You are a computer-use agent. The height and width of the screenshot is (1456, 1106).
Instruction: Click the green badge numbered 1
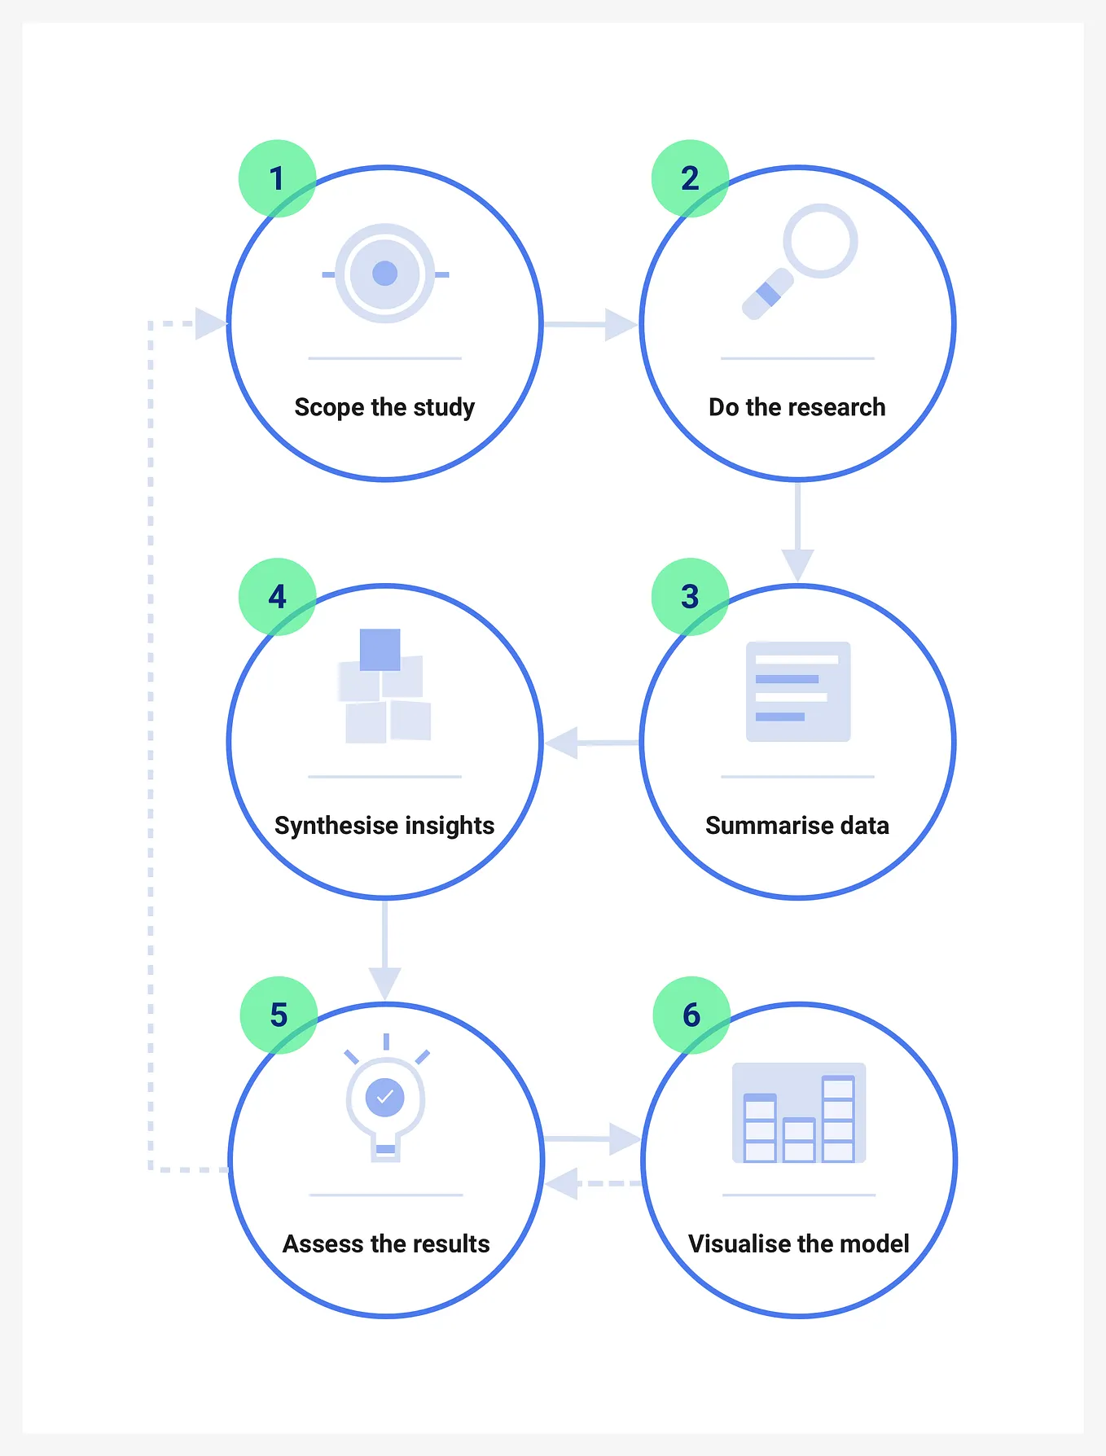pyautogui.click(x=277, y=178)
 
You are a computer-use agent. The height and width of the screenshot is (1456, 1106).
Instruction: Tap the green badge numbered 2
pyautogui.click(x=690, y=178)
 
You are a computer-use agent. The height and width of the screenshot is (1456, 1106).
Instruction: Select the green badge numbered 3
pyautogui.click(x=690, y=597)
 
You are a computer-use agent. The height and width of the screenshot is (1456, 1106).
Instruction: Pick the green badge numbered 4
pyautogui.click(x=277, y=597)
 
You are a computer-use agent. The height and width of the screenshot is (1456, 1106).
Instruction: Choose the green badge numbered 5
pyautogui.click(x=279, y=1015)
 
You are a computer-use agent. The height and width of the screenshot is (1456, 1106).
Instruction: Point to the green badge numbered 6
pyautogui.click(x=691, y=1015)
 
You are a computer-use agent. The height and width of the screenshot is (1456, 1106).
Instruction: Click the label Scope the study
pyautogui.click(x=384, y=407)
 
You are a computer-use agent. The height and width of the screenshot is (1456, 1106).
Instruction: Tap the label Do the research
pyautogui.click(x=797, y=407)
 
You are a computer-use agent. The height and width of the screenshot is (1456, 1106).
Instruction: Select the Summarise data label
pyautogui.click(x=797, y=826)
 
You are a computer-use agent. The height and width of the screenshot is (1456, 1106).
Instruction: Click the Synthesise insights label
pyautogui.click(x=384, y=826)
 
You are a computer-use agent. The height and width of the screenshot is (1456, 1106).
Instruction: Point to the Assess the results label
pyautogui.click(x=386, y=1244)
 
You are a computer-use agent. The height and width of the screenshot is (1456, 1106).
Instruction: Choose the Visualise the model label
pyautogui.click(x=799, y=1244)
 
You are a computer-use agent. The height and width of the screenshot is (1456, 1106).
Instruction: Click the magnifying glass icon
pyautogui.click(x=799, y=261)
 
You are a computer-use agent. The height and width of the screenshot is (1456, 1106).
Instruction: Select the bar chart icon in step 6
pyautogui.click(x=799, y=1112)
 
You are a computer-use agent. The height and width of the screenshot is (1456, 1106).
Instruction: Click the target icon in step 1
pyautogui.click(x=385, y=274)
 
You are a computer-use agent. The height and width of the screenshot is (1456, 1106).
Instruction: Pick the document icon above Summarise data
pyautogui.click(x=798, y=691)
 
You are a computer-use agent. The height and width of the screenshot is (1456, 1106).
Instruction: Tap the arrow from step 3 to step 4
pyautogui.click(x=592, y=743)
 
